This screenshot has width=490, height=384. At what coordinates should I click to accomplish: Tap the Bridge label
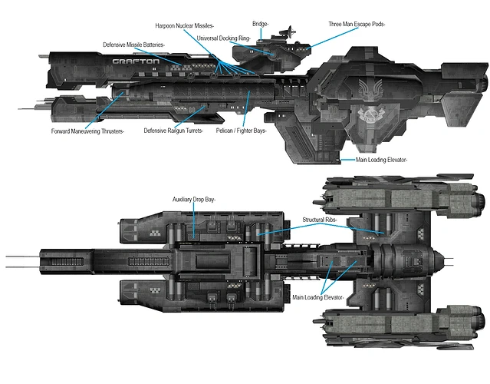[261, 25]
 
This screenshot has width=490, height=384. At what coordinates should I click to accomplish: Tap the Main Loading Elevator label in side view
[382, 160]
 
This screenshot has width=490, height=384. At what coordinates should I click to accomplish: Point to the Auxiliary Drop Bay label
[194, 200]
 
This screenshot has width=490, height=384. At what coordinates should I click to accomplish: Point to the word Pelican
[228, 131]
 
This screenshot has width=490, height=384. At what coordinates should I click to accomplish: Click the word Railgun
[176, 131]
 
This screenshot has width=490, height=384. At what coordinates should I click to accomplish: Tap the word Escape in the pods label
[365, 25]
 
